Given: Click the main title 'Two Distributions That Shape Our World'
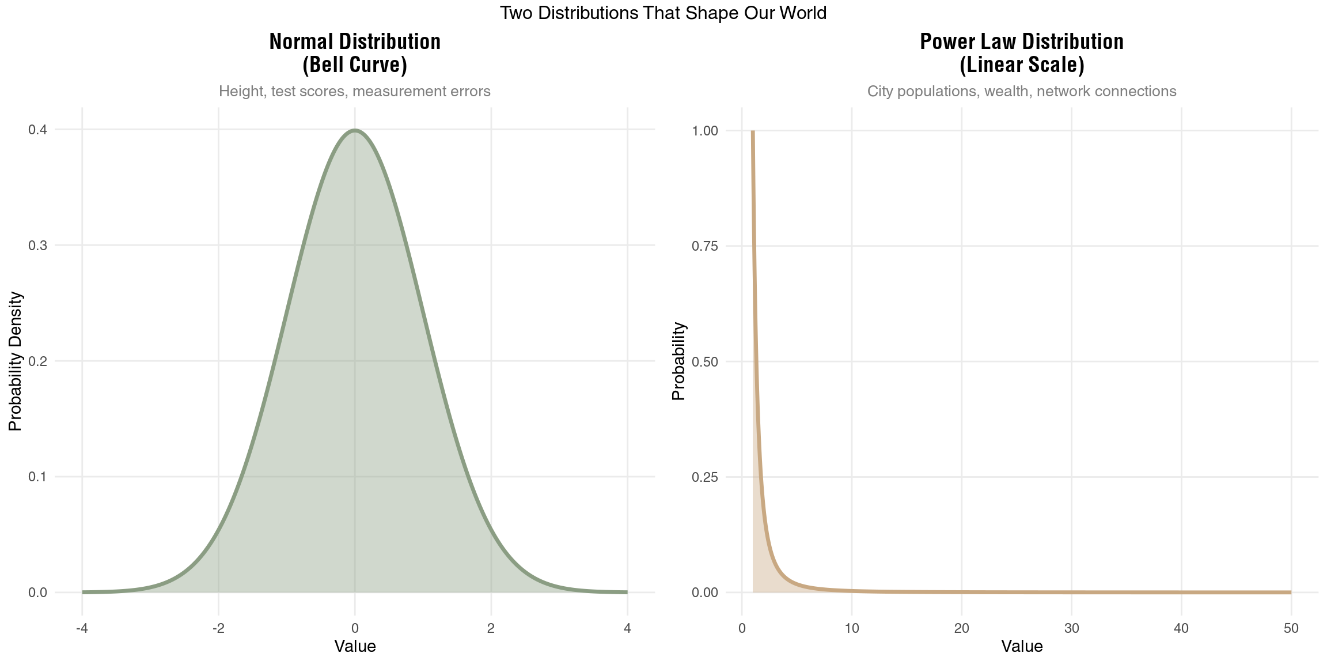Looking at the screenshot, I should pyautogui.click(x=663, y=13).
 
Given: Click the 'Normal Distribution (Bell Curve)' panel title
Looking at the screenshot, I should pyautogui.click(x=355, y=53).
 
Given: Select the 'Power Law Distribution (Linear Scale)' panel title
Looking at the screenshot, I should pyautogui.click(x=1021, y=53).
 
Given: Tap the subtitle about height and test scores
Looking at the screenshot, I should pyautogui.click(x=355, y=91).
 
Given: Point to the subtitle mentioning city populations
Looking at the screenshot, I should pyautogui.click(x=1021, y=91).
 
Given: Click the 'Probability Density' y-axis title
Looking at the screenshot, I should pyautogui.click(x=16, y=361).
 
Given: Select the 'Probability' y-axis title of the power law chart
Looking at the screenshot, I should pyautogui.click(x=679, y=361).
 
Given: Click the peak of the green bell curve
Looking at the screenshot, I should pyautogui.click(x=355, y=130).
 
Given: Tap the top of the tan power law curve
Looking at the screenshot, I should pyautogui.click(x=753, y=132).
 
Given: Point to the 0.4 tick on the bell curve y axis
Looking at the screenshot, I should pyautogui.click(x=38, y=130).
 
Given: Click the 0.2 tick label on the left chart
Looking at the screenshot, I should pyautogui.click(x=38, y=361).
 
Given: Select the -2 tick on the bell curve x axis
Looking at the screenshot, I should pyautogui.click(x=218, y=628).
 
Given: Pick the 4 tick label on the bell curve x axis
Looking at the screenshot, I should pyautogui.click(x=627, y=628).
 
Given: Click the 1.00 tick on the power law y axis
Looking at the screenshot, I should pyautogui.click(x=705, y=131).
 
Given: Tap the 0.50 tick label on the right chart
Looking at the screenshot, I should pyautogui.click(x=705, y=362).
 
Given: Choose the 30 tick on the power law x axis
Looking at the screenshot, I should pyautogui.click(x=1071, y=628).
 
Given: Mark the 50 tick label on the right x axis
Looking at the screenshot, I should pyautogui.click(x=1291, y=628).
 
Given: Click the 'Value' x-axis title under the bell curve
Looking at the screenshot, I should pyautogui.click(x=355, y=646).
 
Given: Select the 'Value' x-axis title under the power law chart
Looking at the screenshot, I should pyautogui.click(x=1021, y=646).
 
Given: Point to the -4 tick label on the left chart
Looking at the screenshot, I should pyautogui.click(x=82, y=628).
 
